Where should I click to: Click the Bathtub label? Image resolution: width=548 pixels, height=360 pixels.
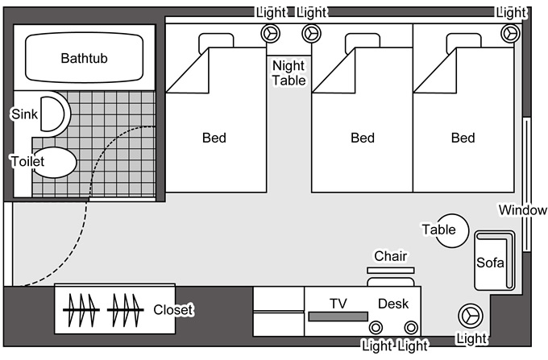85,59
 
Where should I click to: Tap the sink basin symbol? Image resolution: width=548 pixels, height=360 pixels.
52,116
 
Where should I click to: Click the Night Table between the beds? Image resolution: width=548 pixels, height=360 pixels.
289,72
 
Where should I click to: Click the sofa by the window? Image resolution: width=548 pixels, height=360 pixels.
492,261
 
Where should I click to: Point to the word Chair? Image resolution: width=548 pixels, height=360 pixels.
390,256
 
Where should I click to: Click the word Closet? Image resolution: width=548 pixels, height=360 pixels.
173,309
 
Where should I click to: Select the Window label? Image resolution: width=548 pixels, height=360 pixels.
522,210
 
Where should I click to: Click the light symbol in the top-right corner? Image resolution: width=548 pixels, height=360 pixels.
509,33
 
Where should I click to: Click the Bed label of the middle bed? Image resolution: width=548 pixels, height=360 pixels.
363,139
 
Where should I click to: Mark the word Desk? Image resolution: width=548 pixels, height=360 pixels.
393,304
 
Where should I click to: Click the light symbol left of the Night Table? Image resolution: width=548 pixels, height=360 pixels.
269,33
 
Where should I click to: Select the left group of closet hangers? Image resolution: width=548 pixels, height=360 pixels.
81,309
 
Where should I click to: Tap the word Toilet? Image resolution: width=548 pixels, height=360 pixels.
27,161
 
